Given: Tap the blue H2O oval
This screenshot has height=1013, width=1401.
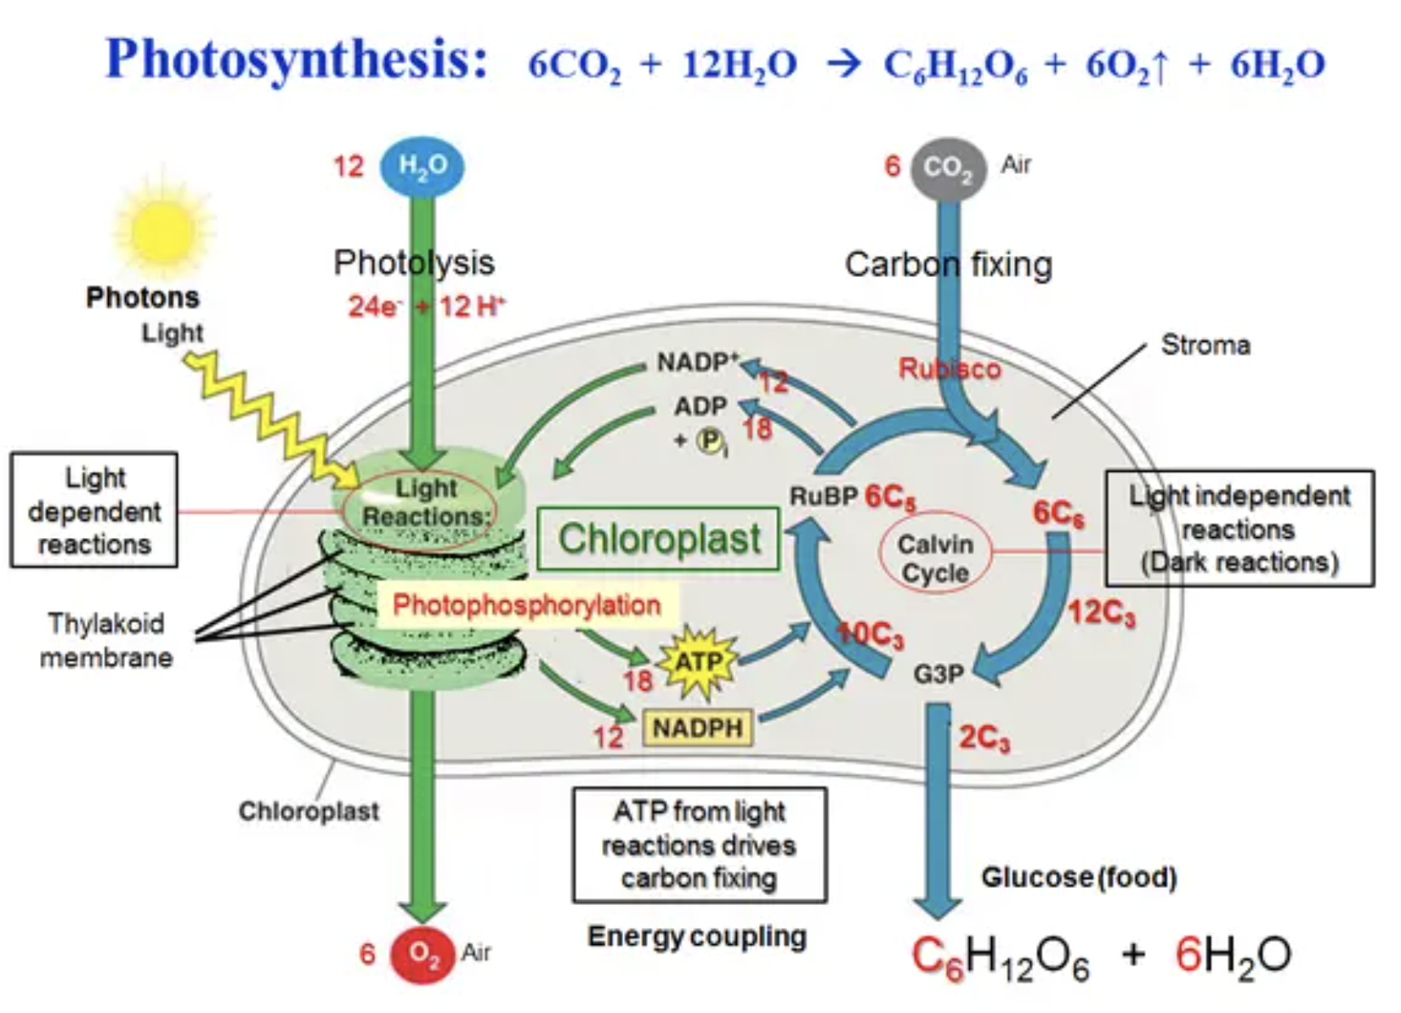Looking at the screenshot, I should coord(422,166).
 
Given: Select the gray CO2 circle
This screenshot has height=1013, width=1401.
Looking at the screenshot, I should coord(948,168).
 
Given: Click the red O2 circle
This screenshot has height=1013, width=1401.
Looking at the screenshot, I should coord(422,954).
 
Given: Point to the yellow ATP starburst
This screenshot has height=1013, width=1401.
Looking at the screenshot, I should coord(697,662).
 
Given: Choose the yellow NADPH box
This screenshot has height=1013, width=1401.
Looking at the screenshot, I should coord(697,727).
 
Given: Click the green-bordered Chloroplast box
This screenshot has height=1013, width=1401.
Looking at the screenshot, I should coord(658,539).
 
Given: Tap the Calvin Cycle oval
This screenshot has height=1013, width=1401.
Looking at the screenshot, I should coord(934,558).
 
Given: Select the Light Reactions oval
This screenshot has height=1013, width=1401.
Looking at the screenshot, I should coord(420,503).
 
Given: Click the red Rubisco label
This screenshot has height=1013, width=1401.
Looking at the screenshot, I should coord(950,369).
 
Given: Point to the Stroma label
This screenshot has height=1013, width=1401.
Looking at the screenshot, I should coord(1205,345).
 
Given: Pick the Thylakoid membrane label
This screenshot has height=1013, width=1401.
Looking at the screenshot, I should coord(106,640).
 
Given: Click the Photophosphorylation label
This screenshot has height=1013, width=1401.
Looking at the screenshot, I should coord(526,605).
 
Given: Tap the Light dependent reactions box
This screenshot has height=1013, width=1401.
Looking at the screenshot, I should coord(94,510).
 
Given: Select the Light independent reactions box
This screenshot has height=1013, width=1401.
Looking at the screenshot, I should coord(1239,529).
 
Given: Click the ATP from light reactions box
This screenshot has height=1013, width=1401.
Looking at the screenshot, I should coord(699,845).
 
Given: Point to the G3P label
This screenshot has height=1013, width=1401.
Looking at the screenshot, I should coord(939,674).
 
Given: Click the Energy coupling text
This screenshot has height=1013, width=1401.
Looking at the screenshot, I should coord(697,937).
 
